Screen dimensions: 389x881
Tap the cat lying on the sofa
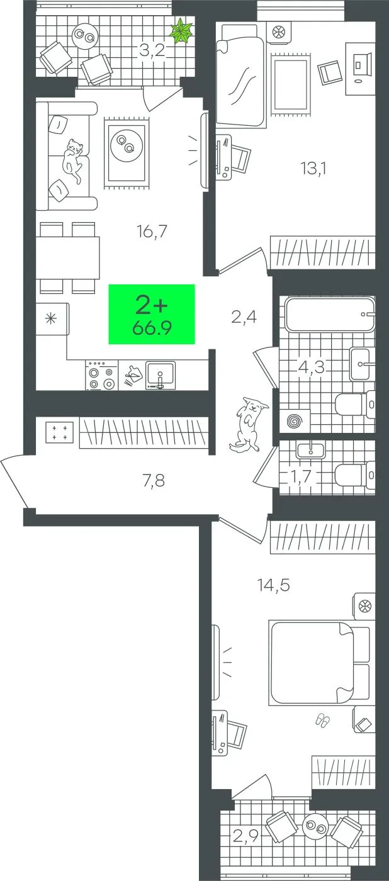tap(73, 159)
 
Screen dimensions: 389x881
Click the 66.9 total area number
tap(152, 327)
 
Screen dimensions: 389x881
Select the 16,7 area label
tap(152, 232)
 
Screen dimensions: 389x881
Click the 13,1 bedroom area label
tap(314, 169)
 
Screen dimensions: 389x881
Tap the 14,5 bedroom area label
tap(274, 585)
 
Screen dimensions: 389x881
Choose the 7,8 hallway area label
tap(154, 480)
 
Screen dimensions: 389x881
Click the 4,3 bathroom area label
tap(312, 367)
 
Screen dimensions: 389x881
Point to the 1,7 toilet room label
tap(301, 476)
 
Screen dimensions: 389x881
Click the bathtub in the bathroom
tap(330, 314)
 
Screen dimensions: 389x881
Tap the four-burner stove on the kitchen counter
tap(102, 376)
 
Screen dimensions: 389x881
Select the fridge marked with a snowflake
tap(52, 318)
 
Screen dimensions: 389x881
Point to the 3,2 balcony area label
tap(152, 50)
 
